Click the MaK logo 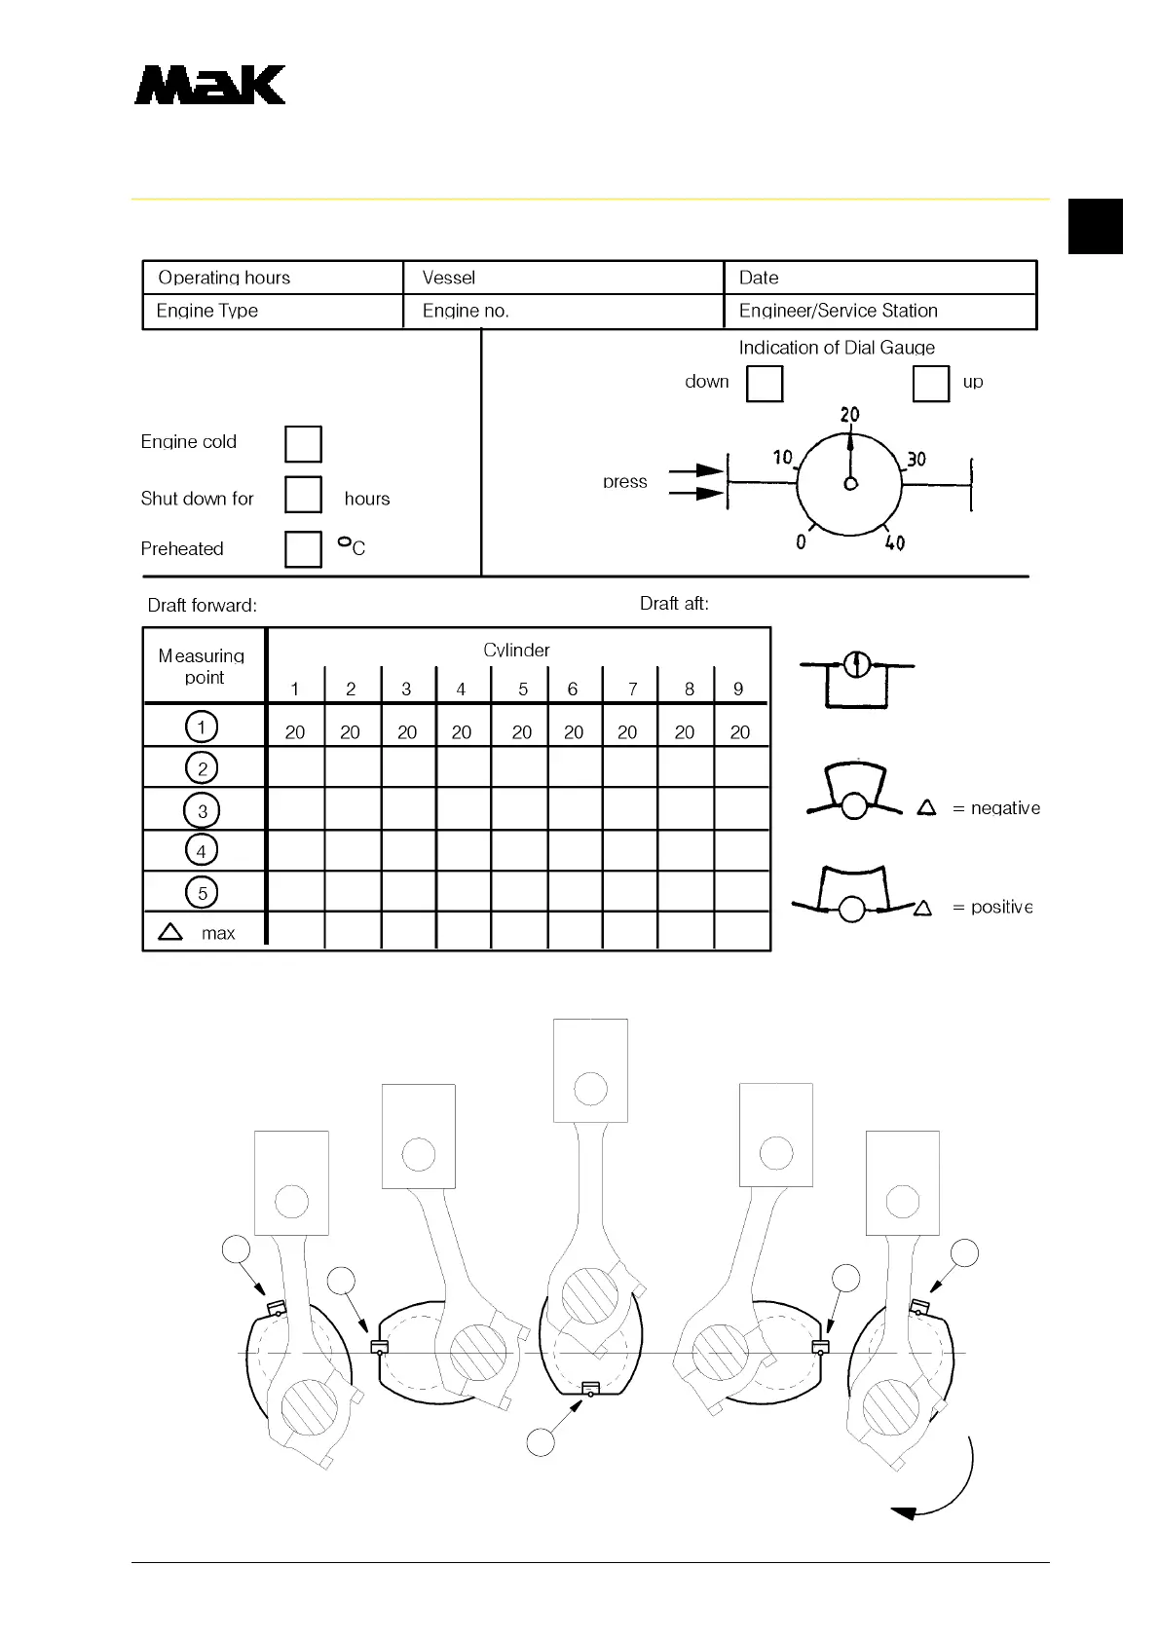pos(209,85)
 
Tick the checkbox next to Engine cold pos(303,444)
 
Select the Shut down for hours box pos(303,494)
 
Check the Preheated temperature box pos(303,548)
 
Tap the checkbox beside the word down pos(765,384)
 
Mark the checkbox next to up pos(930,383)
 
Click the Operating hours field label pos(224,278)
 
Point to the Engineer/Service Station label pos(838,311)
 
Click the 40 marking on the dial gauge pos(894,543)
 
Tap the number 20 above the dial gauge pos(850,414)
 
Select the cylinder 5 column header pos(523,689)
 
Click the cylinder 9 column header pos(738,689)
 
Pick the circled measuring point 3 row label pos(202,810)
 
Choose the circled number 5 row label pos(202,892)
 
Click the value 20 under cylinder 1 pos(295,731)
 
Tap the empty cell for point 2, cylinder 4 pos(464,767)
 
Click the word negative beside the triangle pos(1005,808)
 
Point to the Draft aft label pos(674,604)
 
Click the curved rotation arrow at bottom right pos(945,1490)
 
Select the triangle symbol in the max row pos(170,932)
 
